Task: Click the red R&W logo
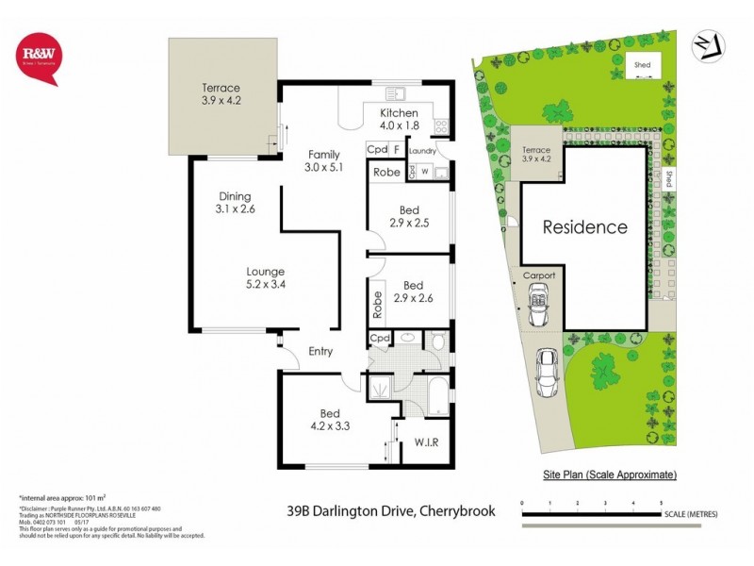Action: click(x=40, y=58)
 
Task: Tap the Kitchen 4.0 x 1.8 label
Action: click(x=399, y=119)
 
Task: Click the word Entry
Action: click(x=320, y=352)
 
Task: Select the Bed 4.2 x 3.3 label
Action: click(x=329, y=420)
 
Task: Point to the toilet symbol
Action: click(x=438, y=341)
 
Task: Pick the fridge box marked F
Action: click(x=398, y=150)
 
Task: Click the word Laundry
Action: click(x=421, y=150)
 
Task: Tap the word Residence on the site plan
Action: click(x=584, y=227)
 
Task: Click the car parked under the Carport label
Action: click(x=538, y=307)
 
